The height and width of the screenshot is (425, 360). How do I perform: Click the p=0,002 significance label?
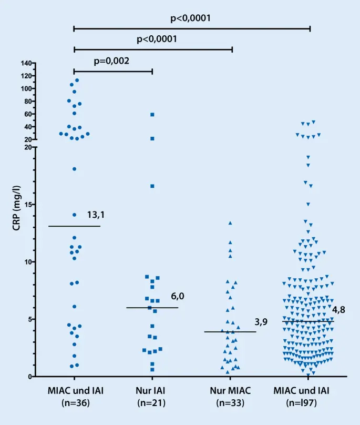(111, 60)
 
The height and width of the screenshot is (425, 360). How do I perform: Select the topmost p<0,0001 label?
(191, 18)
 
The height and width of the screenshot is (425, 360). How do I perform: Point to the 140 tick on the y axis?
(27, 63)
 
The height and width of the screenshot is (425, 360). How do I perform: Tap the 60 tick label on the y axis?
(28, 114)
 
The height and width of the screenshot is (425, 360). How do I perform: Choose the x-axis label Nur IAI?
(152, 392)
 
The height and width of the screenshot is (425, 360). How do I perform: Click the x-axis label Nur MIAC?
(231, 392)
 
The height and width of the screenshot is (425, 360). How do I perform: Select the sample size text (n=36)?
(74, 403)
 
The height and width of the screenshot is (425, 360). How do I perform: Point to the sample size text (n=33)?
(231, 403)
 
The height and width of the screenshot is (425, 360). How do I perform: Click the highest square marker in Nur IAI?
(152, 114)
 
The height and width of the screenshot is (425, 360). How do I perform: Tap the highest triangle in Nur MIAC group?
(230, 223)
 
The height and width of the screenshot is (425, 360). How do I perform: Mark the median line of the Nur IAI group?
(152, 308)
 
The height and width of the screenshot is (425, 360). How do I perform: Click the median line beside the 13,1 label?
(74, 226)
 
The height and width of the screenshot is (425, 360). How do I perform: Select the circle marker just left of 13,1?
(75, 215)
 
